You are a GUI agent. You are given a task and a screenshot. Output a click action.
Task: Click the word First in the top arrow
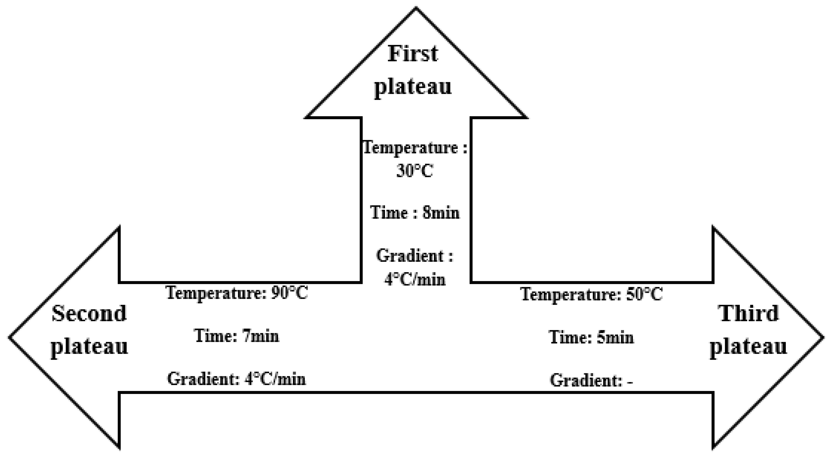(x=413, y=53)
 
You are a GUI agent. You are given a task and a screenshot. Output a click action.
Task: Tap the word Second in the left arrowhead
(x=89, y=313)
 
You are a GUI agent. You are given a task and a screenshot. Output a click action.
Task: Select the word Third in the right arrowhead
(x=748, y=313)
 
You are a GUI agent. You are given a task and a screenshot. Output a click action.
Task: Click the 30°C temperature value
(x=415, y=171)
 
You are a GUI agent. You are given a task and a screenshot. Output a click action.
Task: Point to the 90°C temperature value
(x=289, y=293)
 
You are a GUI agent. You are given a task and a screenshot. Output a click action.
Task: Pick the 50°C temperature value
(x=644, y=294)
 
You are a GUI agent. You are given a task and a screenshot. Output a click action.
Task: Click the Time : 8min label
(x=415, y=212)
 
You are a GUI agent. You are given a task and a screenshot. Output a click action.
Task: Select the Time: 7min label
(x=237, y=336)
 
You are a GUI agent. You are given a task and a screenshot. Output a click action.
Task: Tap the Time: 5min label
(x=591, y=337)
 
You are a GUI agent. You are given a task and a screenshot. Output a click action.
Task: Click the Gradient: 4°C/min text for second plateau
(x=236, y=379)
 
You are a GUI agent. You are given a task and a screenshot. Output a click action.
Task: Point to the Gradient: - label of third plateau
(x=591, y=380)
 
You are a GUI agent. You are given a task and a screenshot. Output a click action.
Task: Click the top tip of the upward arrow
(x=416, y=8)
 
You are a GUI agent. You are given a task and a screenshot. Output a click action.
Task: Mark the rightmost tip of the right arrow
(x=823, y=337)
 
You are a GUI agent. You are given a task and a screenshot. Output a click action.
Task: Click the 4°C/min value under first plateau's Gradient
(x=415, y=280)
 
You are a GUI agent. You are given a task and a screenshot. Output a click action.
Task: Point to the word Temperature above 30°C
(x=410, y=148)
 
